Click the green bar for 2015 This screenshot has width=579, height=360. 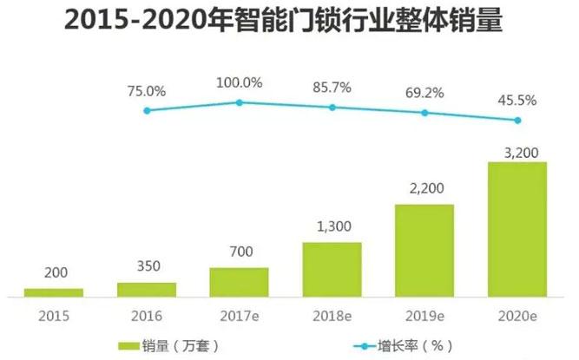pos(54,292)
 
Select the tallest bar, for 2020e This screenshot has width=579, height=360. pos(517,228)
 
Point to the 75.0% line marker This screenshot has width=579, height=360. pos(147,110)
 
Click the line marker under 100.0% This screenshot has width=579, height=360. pos(240,102)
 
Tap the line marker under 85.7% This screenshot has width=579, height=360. pos(332,108)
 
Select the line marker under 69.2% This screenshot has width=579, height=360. pos(424,113)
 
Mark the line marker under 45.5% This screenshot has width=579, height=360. pos(517,121)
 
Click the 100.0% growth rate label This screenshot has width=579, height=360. pos(240,82)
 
